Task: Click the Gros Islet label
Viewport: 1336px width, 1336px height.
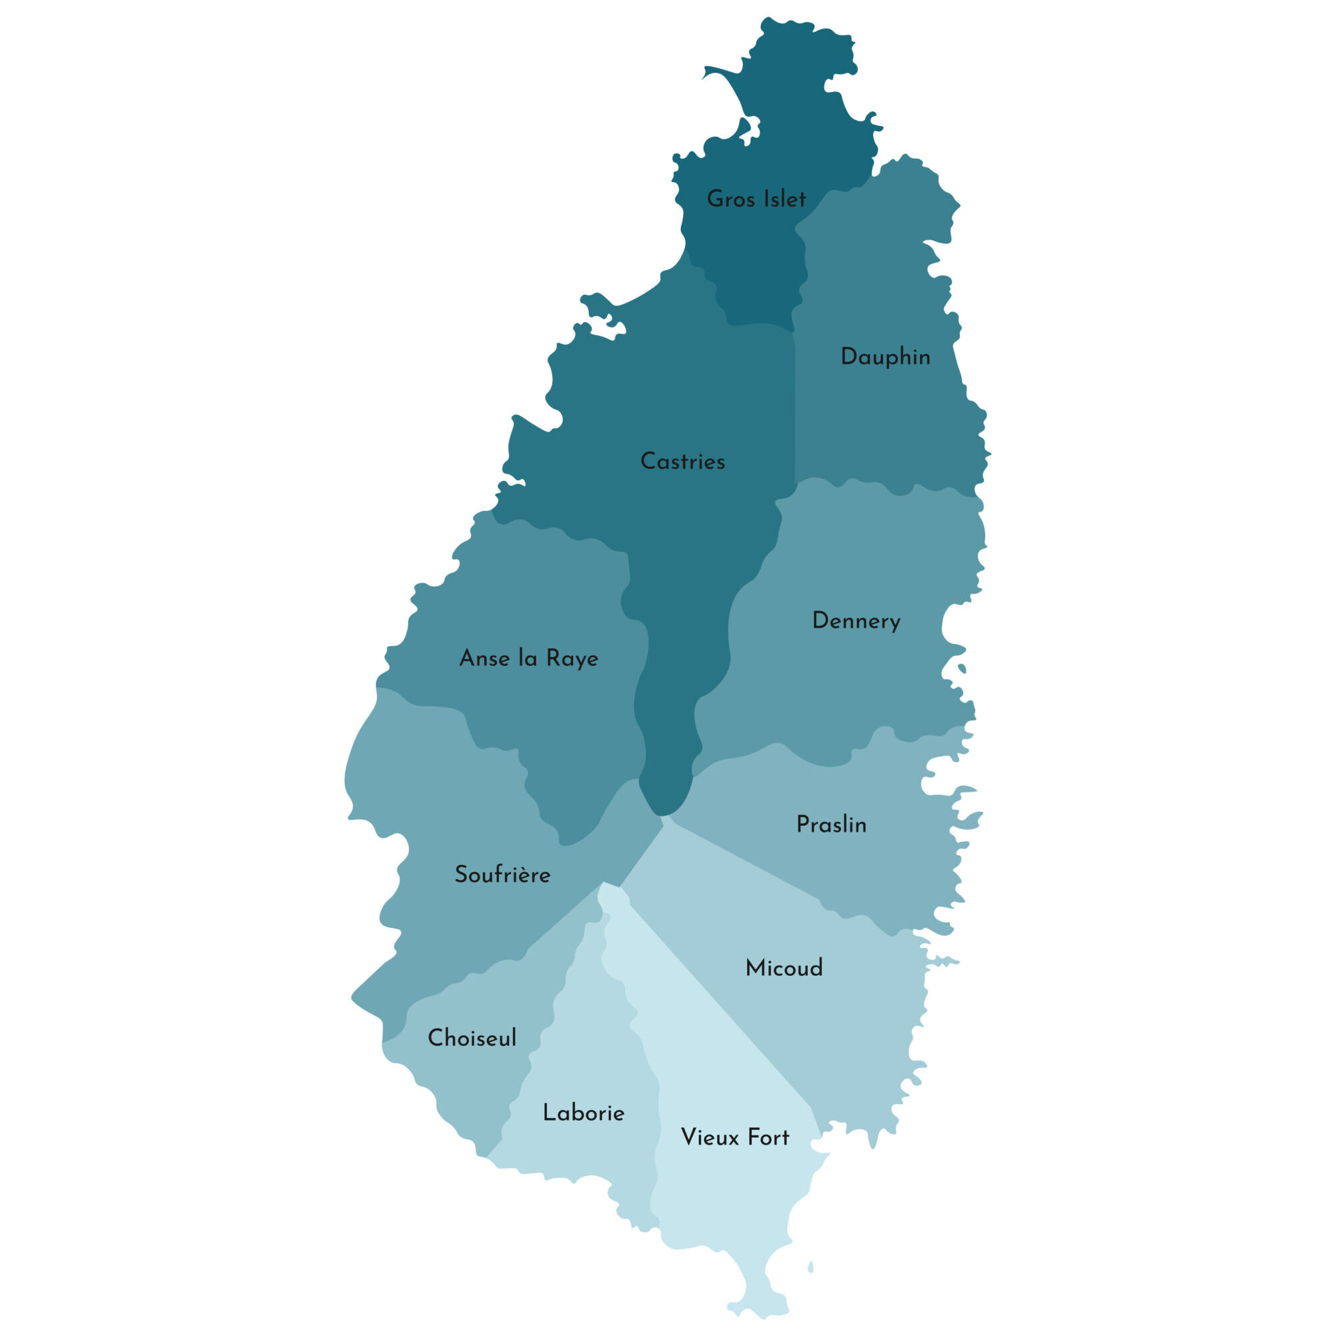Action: (x=756, y=199)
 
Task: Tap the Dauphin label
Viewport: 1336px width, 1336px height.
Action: (x=885, y=357)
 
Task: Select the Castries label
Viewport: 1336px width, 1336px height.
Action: (x=682, y=462)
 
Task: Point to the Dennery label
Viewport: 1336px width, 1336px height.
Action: (x=856, y=621)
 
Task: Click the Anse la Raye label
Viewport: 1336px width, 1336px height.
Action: (x=529, y=658)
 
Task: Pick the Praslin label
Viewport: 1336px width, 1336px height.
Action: (x=831, y=824)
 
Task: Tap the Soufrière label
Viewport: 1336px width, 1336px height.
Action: (x=503, y=874)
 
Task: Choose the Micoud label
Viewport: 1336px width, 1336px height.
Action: (x=784, y=968)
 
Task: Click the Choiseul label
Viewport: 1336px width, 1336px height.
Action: (x=472, y=1038)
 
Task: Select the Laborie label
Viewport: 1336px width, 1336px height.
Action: (x=584, y=1113)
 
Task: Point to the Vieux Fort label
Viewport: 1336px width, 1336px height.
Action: (x=735, y=1137)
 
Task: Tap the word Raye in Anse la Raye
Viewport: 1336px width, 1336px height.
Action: (x=572, y=659)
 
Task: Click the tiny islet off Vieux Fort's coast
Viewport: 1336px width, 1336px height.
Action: (x=810, y=1267)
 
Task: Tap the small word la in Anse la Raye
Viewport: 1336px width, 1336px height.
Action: (x=528, y=658)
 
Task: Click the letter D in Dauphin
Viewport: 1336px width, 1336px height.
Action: (x=848, y=357)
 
